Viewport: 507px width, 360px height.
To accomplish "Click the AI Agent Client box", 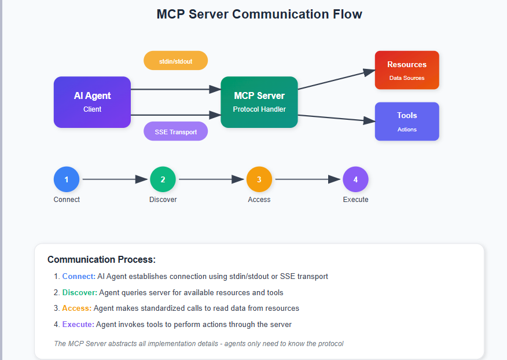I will point(92,102).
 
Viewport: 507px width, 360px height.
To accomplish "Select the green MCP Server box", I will point(259,102).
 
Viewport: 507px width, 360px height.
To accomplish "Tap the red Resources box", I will point(406,70).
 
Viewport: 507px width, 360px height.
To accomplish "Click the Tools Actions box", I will point(406,121).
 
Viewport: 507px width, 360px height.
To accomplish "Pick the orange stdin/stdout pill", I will point(175,60).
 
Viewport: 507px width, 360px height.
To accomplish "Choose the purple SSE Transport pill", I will point(175,131).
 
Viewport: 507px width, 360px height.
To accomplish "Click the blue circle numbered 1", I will point(67,179).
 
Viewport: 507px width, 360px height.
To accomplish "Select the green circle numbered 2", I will point(163,179).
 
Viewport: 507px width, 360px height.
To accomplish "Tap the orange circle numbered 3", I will point(259,179).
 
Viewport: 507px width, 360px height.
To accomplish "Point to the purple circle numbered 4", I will point(355,179).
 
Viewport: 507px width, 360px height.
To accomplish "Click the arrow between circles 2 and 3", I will point(211,179).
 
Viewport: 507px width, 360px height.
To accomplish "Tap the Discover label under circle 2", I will point(163,200).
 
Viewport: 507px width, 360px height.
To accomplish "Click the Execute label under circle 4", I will point(355,200).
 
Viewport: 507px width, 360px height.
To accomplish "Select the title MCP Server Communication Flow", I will point(259,14).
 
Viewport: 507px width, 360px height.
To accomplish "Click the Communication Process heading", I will point(101,260).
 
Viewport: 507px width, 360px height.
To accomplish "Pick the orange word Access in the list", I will point(76,308).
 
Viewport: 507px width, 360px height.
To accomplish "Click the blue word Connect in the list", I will point(78,277).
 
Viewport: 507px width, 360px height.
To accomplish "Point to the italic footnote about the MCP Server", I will point(199,344).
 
